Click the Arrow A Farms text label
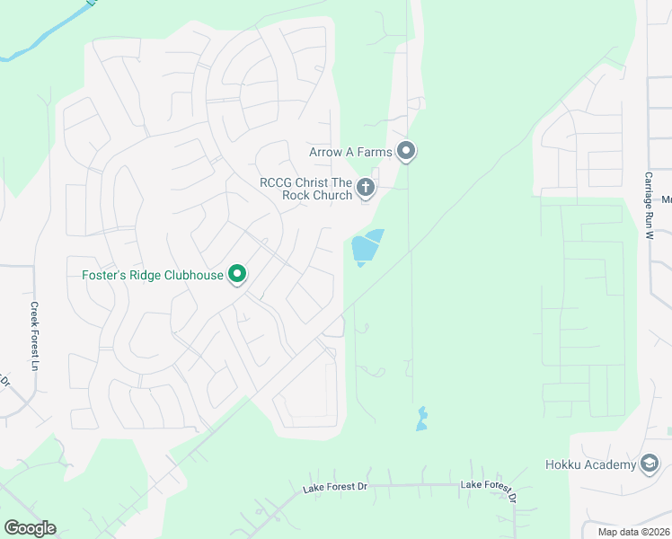(x=350, y=152)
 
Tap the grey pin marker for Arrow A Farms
(x=407, y=151)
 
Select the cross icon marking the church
(x=365, y=188)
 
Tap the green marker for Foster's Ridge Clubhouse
(x=237, y=274)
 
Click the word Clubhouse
(x=192, y=275)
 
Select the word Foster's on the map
(x=98, y=275)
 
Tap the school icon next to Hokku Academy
(x=650, y=464)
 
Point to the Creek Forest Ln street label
(x=35, y=336)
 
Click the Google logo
(x=30, y=528)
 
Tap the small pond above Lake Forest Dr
(x=421, y=419)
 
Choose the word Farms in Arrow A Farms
(x=375, y=152)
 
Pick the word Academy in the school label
(x=611, y=464)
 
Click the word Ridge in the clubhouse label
(x=142, y=275)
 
